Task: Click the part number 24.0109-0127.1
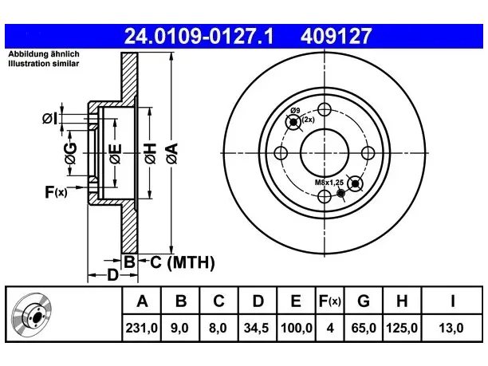tap(199, 36)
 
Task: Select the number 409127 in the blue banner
tap(336, 36)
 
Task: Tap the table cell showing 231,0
tap(142, 328)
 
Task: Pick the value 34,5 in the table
tap(257, 328)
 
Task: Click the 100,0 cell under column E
tap(297, 328)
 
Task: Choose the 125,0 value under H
tap(402, 328)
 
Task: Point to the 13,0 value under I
tap(451, 328)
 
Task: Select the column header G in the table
tap(364, 301)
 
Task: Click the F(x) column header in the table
tap(330, 301)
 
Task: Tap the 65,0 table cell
tap(364, 328)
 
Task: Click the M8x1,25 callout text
tap(329, 183)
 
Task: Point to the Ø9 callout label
tap(295, 111)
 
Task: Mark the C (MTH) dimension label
tap(183, 262)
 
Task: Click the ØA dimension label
tap(172, 153)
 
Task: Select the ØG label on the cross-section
tap(70, 153)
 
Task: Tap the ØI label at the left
tap(50, 119)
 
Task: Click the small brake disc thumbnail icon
tap(31, 315)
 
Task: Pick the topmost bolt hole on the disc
tap(325, 109)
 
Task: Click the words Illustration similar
tap(44, 64)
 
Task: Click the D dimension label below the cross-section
tap(112, 275)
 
